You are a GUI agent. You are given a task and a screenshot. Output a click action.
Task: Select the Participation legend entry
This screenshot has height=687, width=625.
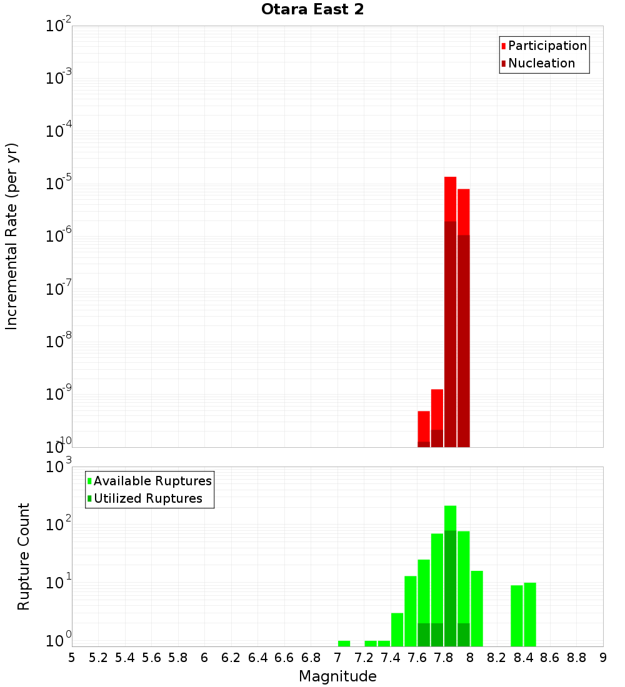point(547,46)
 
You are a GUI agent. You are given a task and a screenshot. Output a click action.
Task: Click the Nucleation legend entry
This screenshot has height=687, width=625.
point(541,63)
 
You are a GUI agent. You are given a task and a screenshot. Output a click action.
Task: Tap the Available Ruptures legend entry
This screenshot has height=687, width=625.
point(152,481)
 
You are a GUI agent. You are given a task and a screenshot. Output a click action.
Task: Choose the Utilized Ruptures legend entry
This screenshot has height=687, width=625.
point(147,498)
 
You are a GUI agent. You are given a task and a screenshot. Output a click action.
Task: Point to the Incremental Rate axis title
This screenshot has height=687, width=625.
point(12,236)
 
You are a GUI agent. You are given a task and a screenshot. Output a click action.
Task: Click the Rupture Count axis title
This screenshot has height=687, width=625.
point(24,556)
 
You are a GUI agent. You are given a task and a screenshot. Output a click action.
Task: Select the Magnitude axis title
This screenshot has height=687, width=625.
point(337,676)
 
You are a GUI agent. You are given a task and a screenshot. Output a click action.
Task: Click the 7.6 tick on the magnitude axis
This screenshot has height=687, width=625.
point(417,657)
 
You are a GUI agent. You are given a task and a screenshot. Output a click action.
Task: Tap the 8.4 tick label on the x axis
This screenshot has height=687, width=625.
point(524,657)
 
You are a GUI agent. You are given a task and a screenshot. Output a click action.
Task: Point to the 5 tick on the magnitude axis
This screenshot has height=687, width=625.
point(72,657)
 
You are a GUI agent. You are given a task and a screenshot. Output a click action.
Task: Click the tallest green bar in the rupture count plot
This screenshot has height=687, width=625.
point(450,575)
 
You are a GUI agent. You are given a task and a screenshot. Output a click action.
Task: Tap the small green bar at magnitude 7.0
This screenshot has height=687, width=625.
point(344,643)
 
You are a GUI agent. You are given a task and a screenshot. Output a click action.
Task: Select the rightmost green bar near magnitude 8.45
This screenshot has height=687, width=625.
point(530,614)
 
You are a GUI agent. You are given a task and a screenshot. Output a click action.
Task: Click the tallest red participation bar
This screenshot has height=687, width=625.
point(450,200)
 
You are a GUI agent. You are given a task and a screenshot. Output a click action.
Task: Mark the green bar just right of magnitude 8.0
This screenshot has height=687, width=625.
point(477,608)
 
